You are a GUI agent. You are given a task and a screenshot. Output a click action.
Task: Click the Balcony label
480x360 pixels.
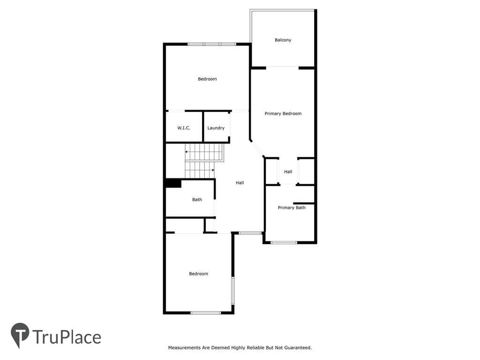pyautogui.click(x=283, y=40)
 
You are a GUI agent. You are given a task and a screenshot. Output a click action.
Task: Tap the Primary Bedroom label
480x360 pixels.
pyautogui.click(x=283, y=113)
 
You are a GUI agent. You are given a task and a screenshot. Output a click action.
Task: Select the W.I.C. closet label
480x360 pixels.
pyautogui.click(x=184, y=128)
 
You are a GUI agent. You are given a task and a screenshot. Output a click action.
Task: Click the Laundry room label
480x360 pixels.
pyautogui.click(x=216, y=128)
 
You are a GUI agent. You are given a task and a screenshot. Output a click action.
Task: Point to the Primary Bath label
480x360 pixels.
pyautogui.click(x=292, y=208)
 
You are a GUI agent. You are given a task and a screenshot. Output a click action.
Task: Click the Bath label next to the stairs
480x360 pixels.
pyautogui.click(x=197, y=200)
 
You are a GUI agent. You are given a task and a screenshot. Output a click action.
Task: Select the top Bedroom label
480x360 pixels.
pyautogui.click(x=207, y=79)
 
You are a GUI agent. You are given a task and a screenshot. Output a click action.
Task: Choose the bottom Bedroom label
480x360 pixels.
pyautogui.click(x=198, y=274)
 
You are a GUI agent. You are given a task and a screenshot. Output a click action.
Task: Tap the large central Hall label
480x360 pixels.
pyautogui.click(x=240, y=183)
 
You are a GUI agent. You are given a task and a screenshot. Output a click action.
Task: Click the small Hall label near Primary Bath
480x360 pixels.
pyautogui.click(x=288, y=172)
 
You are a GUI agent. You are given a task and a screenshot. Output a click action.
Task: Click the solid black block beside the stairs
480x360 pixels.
pyautogui.click(x=173, y=183)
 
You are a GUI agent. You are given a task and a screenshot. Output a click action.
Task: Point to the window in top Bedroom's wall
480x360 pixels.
pyautogui.click(x=212, y=45)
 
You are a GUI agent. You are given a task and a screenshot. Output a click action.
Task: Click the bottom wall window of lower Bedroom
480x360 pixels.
pyautogui.click(x=206, y=313)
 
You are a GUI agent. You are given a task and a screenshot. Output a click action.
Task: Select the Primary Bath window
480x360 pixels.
pyautogui.click(x=284, y=243)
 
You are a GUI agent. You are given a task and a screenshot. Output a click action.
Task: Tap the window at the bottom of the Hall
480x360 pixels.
pyautogui.click(x=250, y=233)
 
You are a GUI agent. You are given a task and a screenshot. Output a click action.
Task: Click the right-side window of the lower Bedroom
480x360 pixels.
pyautogui.click(x=232, y=291)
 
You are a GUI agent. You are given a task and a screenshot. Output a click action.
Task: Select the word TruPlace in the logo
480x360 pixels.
pyautogui.click(x=67, y=337)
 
